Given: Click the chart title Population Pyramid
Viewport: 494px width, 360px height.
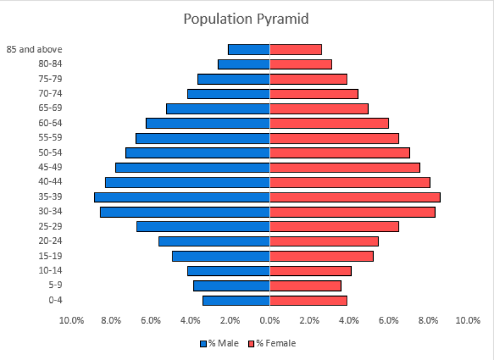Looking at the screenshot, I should (x=246, y=19).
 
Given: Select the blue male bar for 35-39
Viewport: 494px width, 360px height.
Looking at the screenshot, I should (x=182, y=197).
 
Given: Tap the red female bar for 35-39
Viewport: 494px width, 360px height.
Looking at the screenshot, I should (x=355, y=197).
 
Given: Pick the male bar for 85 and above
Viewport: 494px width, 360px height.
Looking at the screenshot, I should (x=249, y=50).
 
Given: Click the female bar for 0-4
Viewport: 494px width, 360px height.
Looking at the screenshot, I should (x=308, y=300).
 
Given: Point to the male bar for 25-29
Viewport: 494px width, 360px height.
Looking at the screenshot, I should (x=203, y=226).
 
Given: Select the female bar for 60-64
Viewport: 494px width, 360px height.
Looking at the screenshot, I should (x=329, y=123).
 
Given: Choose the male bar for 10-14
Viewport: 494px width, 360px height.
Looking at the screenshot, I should (x=228, y=271).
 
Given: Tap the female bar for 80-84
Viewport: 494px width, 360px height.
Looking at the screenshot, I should (x=300, y=64).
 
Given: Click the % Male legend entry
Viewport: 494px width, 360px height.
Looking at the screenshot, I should (x=220, y=343).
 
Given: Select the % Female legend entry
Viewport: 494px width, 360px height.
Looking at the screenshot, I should (x=272, y=343).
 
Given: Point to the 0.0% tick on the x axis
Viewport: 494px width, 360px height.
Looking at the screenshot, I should (x=270, y=320).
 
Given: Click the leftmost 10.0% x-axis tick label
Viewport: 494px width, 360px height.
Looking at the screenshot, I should (x=71, y=320).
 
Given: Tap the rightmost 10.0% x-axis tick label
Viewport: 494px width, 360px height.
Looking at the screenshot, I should (x=468, y=320).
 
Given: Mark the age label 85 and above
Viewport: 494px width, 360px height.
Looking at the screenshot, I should (x=34, y=49).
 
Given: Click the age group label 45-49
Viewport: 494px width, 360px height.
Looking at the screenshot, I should (x=51, y=167).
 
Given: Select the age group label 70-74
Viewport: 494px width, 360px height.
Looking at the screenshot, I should (x=51, y=93).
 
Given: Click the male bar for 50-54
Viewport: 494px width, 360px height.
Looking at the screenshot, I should (x=197, y=152).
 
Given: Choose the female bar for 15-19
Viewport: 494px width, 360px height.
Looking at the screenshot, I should (x=321, y=256).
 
